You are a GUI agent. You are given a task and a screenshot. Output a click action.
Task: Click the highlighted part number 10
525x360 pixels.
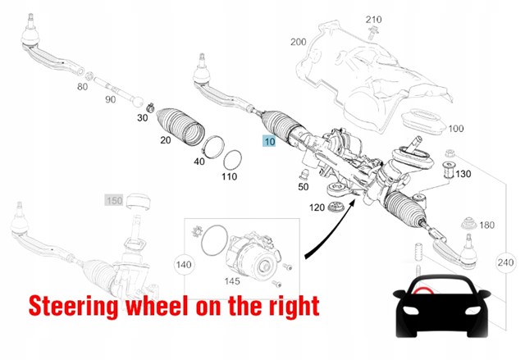click(x=269, y=141)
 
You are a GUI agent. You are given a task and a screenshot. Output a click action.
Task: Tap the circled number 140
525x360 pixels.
click(x=184, y=265)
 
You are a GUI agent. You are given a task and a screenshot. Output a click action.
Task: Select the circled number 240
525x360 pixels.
click(x=505, y=262)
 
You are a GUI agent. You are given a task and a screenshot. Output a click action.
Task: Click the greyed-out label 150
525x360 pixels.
click(x=114, y=201)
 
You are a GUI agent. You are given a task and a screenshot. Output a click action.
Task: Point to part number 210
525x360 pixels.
click(x=373, y=20)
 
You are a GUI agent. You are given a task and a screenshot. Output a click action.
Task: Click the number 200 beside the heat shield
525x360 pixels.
click(x=298, y=42)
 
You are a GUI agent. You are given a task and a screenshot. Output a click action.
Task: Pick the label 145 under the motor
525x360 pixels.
click(x=232, y=281)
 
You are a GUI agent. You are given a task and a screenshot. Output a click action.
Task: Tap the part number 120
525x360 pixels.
click(x=317, y=207)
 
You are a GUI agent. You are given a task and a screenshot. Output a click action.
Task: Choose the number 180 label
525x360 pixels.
click(x=486, y=226)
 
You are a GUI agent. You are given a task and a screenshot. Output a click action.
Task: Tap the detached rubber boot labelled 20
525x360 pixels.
click(x=180, y=127)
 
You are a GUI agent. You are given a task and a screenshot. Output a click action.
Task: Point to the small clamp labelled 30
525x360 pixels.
click(x=150, y=107)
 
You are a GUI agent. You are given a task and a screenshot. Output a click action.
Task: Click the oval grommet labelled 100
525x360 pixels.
click(x=423, y=122)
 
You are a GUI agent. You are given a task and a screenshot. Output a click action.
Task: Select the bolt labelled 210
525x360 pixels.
click(x=371, y=33)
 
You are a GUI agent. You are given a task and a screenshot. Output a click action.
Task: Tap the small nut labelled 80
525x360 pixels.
click(x=89, y=75)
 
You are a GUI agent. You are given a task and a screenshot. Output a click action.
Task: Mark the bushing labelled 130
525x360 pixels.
click(x=448, y=170)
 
